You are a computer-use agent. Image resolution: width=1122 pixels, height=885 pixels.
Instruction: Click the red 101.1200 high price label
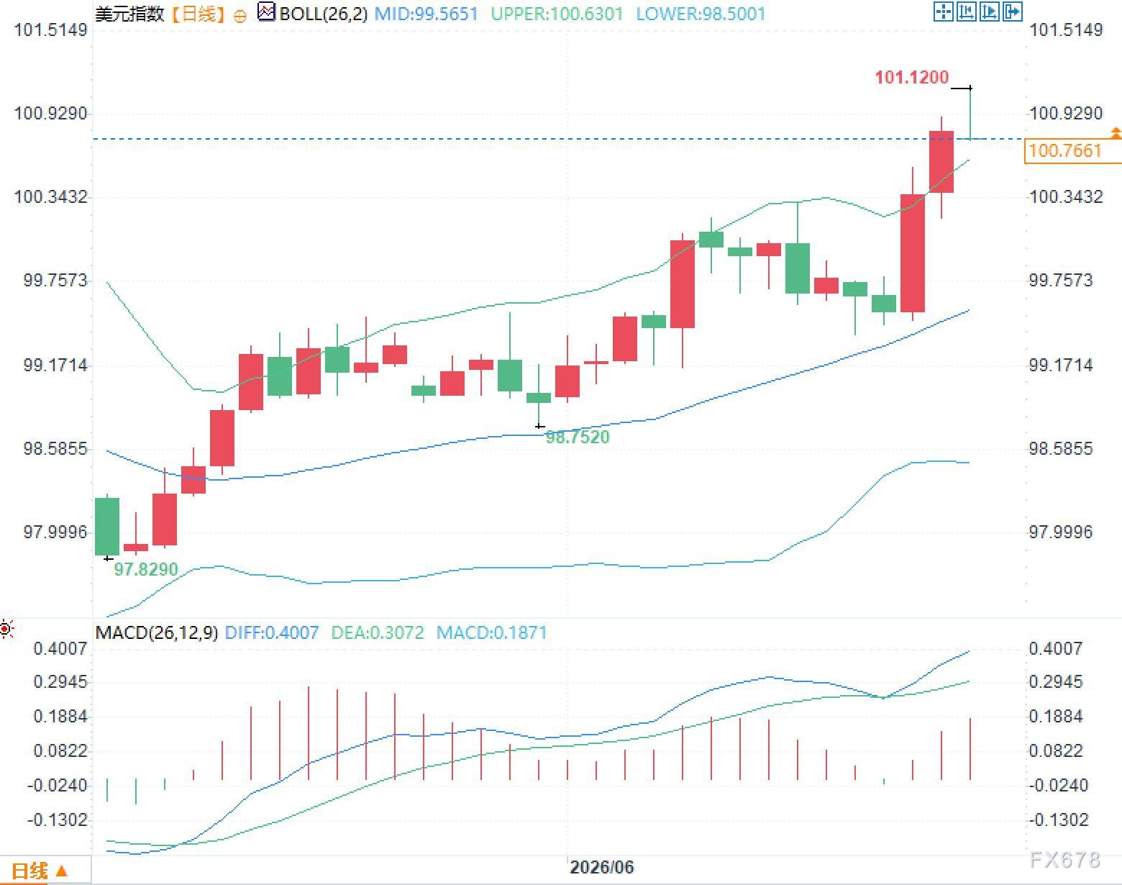[x=911, y=77]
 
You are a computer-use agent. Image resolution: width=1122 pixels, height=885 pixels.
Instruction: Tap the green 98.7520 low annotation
[x=577, y=437]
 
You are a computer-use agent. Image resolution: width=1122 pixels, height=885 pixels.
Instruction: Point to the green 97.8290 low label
[x=146, y=569]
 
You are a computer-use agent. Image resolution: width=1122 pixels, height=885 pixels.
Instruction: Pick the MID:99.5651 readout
[x=426, y=14]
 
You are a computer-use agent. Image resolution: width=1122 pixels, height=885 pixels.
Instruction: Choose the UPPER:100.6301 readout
[x=557, y=14]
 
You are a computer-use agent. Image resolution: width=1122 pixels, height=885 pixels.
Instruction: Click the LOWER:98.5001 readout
[x=701, y=14]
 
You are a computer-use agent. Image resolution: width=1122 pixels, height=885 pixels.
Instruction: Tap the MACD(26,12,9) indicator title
[x=156, y=632]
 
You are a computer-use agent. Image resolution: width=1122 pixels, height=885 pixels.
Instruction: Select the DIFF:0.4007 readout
[x=271, y=632]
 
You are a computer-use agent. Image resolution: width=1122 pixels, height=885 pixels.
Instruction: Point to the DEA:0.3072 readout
[x=378, y=632]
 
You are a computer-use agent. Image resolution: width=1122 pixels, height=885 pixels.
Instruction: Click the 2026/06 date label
[x=602, y=867]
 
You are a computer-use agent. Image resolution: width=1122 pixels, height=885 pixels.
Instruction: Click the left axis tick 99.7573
[x=55, y=280]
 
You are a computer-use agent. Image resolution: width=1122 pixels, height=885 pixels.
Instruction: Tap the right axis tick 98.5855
[x=1060, y=448]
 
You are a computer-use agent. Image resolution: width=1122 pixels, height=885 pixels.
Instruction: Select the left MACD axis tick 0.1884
[x=60, y=716]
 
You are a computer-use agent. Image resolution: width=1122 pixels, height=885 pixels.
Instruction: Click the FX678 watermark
[x=1065, y=859]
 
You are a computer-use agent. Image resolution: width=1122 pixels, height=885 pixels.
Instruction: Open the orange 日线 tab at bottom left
[x=39, y=871]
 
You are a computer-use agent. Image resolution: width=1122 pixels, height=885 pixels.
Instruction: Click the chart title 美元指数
[x=129, y=14]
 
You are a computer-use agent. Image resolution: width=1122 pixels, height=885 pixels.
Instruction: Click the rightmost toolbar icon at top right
[x=1013, y=12]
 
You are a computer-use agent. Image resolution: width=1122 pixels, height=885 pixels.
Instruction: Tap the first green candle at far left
[x=107, y=526]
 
